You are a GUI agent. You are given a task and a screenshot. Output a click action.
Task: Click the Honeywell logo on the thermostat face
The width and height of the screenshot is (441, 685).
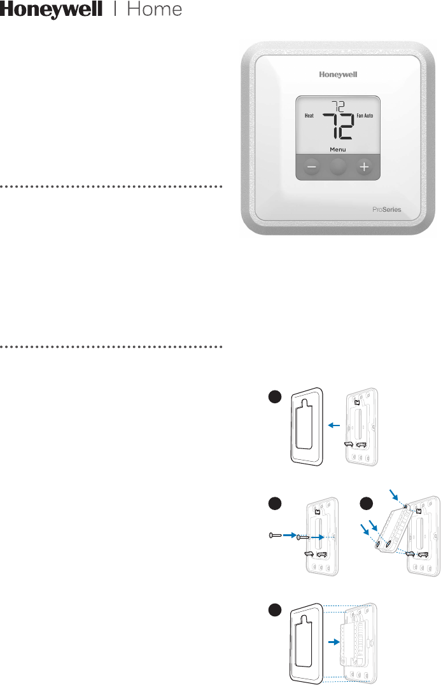tap(338, 74)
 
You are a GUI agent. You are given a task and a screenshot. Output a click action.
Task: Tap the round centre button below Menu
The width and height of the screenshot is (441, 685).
tap(338, 167)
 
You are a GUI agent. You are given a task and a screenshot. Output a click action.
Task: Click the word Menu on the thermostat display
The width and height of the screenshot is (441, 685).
tap(338, 150)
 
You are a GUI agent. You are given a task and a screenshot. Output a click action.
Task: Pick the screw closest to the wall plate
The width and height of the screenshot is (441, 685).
tap(304, 519)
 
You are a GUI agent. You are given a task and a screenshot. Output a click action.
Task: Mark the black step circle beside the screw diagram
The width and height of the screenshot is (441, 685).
tap(274, 502)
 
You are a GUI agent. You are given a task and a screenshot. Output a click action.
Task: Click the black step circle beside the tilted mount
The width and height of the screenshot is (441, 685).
tap(367, 502)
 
